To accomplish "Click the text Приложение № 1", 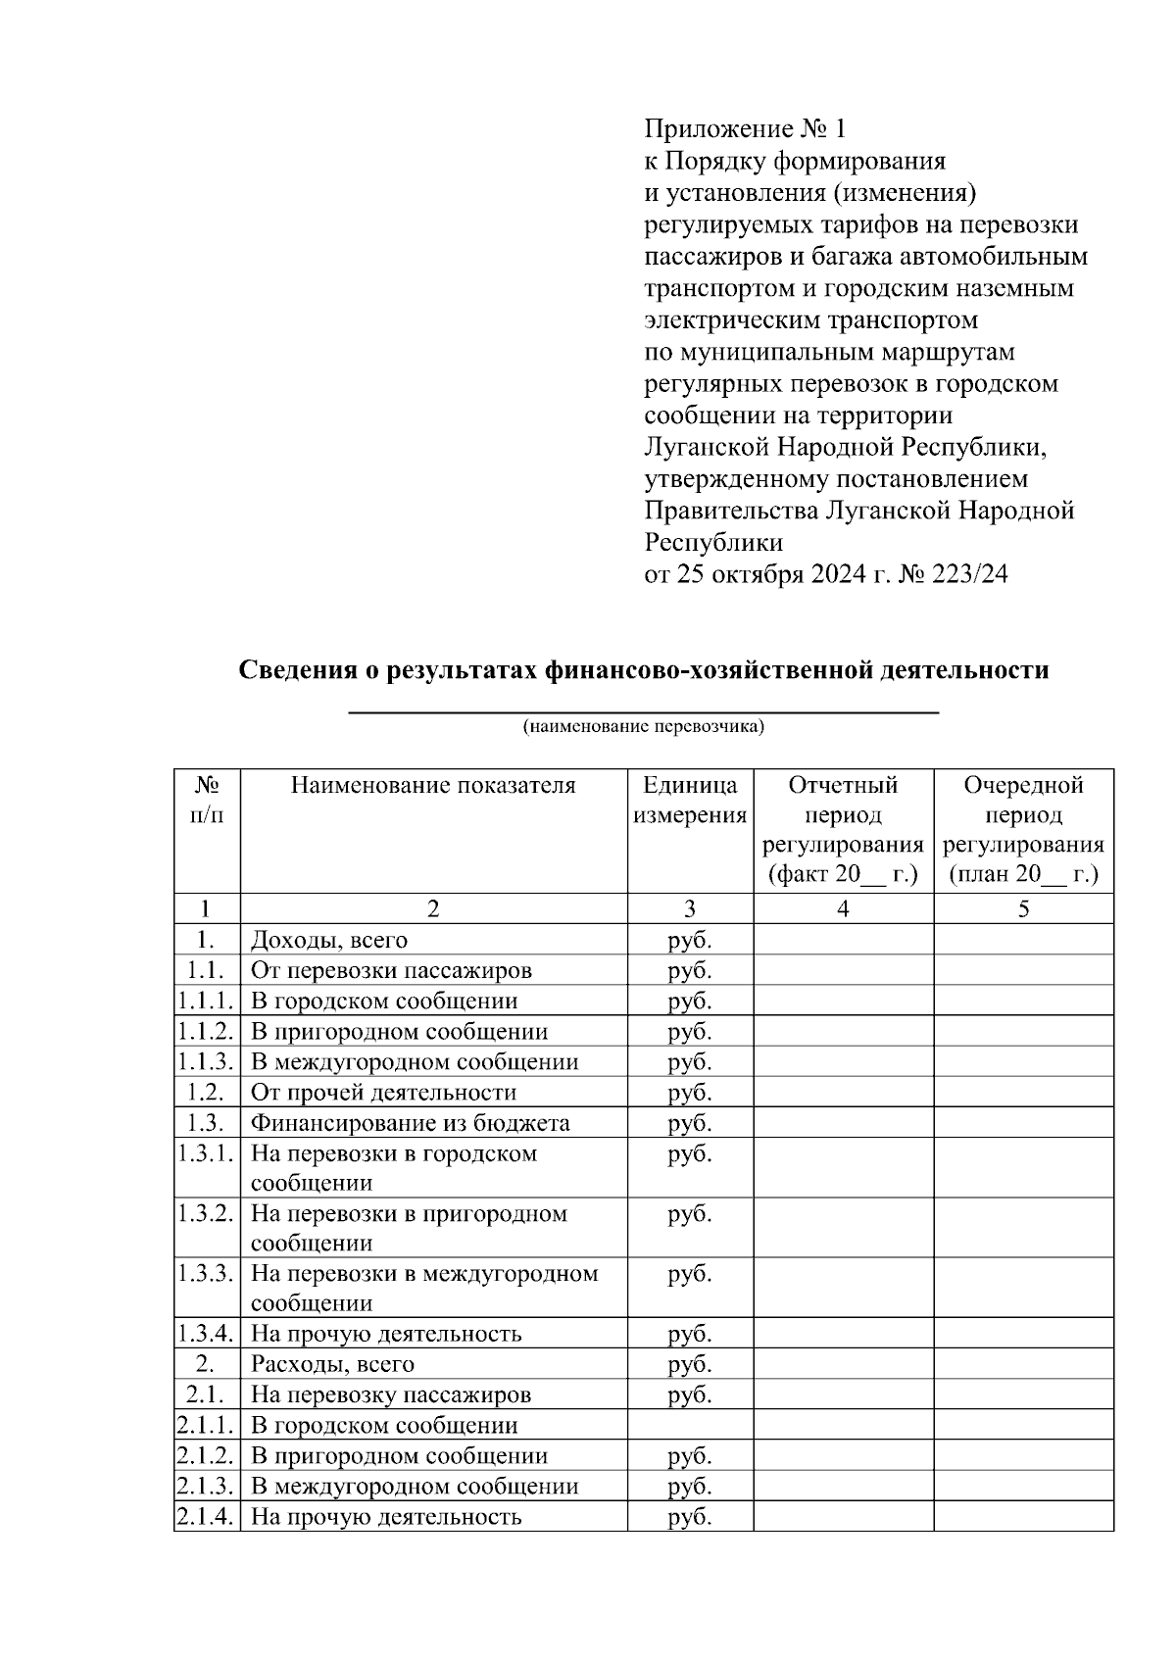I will coord(744,129).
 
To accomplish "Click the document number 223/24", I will coord(972,574).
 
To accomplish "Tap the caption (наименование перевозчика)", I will coord(643,726).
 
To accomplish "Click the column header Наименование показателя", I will coord(433,785).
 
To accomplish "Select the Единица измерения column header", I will coord(690,800).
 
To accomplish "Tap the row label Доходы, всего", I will coord(329,940).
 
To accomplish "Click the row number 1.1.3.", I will coord(206,1061).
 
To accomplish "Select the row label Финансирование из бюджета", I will coord(410,1123).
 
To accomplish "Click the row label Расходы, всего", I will coord(332,1364).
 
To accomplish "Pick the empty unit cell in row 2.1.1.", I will coord(690,1425).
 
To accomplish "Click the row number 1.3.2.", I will coord(206,1213).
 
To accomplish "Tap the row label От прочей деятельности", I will coord(383,1093).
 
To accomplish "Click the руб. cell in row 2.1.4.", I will coord(690,1517).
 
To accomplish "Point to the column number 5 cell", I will coord(1023,908).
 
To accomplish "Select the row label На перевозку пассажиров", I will coord(391,1394).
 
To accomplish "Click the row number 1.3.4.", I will coord(206,1334).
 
